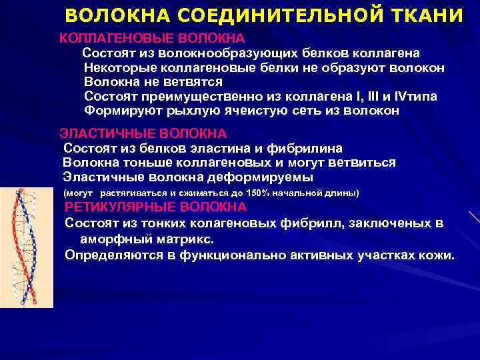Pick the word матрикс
pyautogui.click(x=185, y=238)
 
